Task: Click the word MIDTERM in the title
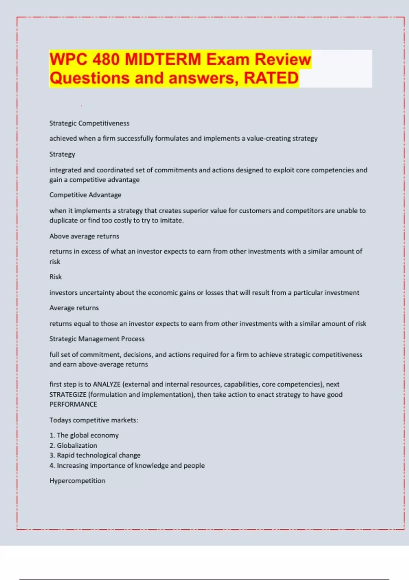pos(163,59)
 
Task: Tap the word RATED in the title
pos(271,78)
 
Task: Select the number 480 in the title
pos(106,59)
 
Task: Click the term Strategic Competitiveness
pos(89,123)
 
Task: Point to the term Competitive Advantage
pos(85,195)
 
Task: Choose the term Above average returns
pos(84,236)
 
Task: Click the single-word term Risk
pos(56,277)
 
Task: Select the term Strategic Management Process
pos(97,339)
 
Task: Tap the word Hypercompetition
pos(77,481)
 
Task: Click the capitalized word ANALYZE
pos(107,384)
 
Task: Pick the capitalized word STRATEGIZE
pos(68,394)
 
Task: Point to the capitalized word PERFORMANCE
pos(73,404)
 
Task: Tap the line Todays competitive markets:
pos(94,420)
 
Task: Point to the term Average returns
pos(74,308)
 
